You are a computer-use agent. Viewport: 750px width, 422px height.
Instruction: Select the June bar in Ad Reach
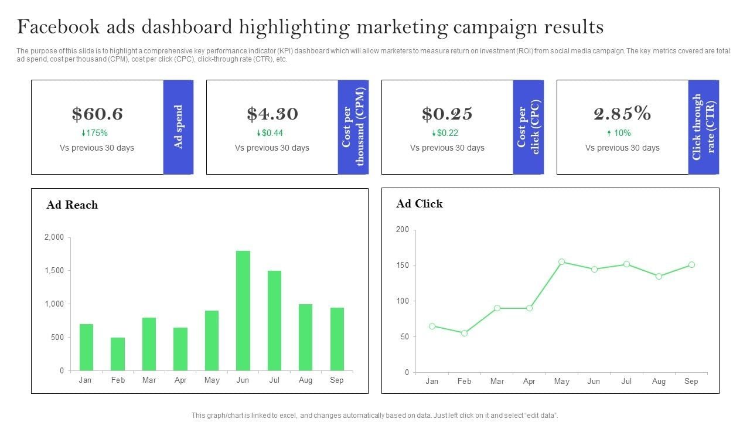243,311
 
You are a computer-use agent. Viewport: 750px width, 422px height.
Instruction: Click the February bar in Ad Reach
118,354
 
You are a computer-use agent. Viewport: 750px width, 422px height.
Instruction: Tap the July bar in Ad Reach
274,321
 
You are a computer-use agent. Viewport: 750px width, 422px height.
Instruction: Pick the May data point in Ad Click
561,262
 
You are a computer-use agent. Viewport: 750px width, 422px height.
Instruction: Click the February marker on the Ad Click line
464,333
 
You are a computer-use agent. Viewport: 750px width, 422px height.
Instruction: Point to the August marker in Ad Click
659,276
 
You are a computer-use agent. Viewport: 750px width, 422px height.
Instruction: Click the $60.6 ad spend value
97,114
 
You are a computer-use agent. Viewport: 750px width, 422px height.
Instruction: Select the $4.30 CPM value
272,114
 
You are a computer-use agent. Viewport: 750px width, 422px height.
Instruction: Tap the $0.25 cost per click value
447,114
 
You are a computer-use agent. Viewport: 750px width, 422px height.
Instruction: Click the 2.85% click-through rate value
622,113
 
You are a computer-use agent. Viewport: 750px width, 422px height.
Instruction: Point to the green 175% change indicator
94,133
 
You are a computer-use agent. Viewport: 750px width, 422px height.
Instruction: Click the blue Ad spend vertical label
179,127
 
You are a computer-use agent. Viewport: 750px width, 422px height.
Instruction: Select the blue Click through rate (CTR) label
704,127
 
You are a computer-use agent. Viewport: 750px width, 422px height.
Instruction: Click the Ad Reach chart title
72,205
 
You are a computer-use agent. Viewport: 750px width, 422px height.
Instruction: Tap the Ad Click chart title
420,204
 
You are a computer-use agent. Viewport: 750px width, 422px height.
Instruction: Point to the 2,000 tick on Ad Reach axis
54,237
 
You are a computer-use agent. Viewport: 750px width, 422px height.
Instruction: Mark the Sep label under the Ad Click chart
691,382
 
